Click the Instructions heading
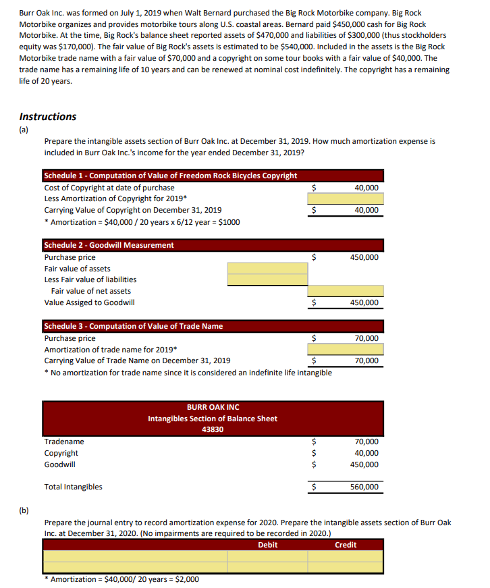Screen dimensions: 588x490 tap(48, 116)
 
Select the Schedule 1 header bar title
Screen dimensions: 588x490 tap(170, 176)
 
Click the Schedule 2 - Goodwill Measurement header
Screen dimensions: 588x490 tap(109, 245)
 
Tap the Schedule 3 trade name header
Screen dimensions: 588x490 tap(133, 326)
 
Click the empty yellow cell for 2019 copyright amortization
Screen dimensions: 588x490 tap(346, 198)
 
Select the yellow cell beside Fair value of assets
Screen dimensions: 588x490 tap(257, 268)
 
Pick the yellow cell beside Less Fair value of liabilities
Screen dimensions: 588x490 tap(257, 279)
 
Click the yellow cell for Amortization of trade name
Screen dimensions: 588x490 tap(346, 349)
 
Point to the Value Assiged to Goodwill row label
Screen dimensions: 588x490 tap(89, 302)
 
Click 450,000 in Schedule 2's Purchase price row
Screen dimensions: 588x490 tap(364, 257)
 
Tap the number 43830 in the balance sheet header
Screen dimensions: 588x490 tap(213, 429)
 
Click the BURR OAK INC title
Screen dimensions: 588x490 tap(213, 407)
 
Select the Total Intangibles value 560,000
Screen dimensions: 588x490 tap(364, 487)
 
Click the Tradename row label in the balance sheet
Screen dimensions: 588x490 tap(65, 442)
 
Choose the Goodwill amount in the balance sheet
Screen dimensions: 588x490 tap(364, 464)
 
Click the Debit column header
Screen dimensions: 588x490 tap(267, 545)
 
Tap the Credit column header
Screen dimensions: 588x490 tap(346, 545)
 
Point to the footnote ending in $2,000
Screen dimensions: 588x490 tap(121, 579)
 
